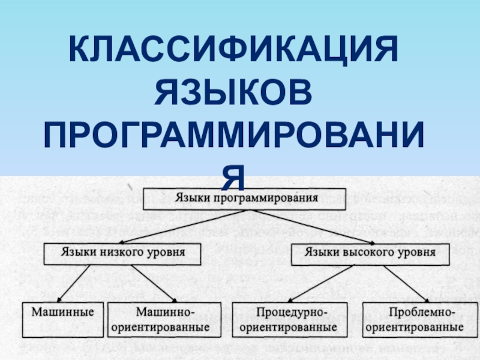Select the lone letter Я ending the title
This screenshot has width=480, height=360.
(x=235, y=174)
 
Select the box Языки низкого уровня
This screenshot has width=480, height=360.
(x=122, y=253)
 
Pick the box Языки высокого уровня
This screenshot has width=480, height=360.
(x=371, y=253)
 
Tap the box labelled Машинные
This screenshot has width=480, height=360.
(x=63, y=320)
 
